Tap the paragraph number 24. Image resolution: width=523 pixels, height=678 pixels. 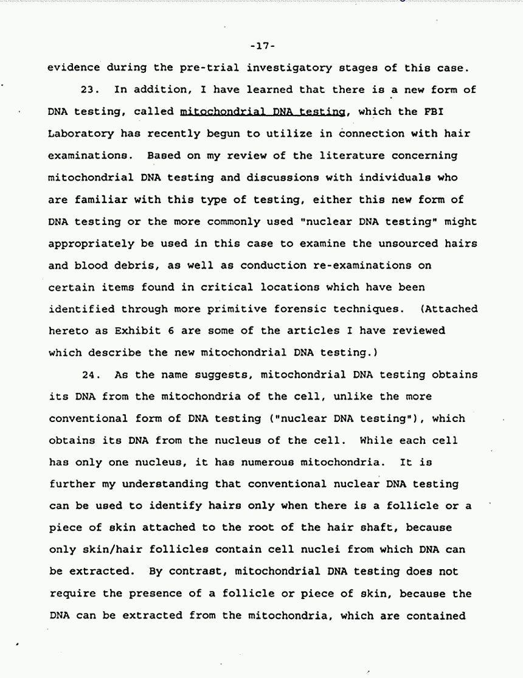point(91,375)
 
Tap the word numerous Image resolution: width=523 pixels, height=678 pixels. point(251,462)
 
